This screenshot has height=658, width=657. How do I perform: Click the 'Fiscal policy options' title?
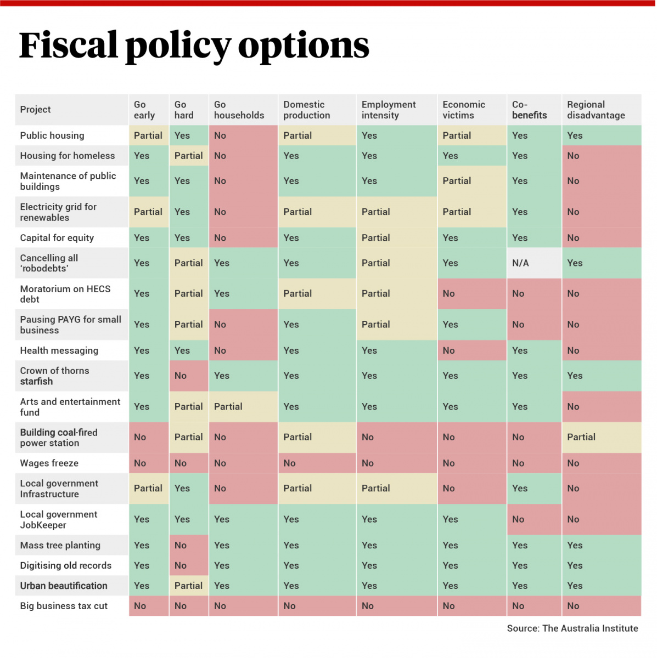(194, 46)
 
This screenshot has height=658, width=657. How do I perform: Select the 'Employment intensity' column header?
(389, 110)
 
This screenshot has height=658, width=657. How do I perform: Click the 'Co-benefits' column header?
(529, 110)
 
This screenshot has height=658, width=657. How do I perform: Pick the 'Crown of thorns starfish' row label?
(54, 376)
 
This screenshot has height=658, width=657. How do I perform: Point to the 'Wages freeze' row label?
(49, 463)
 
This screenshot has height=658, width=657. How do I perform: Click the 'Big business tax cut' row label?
(64, 606)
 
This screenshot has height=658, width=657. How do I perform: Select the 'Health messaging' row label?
(59, 350)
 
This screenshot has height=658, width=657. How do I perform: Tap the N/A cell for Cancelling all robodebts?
(520, 263)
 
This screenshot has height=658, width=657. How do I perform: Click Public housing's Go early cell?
(148, 135)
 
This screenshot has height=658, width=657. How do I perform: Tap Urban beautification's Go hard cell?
(188, 586)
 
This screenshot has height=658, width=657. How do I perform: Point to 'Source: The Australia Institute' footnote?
(572, 628)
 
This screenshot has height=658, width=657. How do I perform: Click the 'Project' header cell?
(36, 110)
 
